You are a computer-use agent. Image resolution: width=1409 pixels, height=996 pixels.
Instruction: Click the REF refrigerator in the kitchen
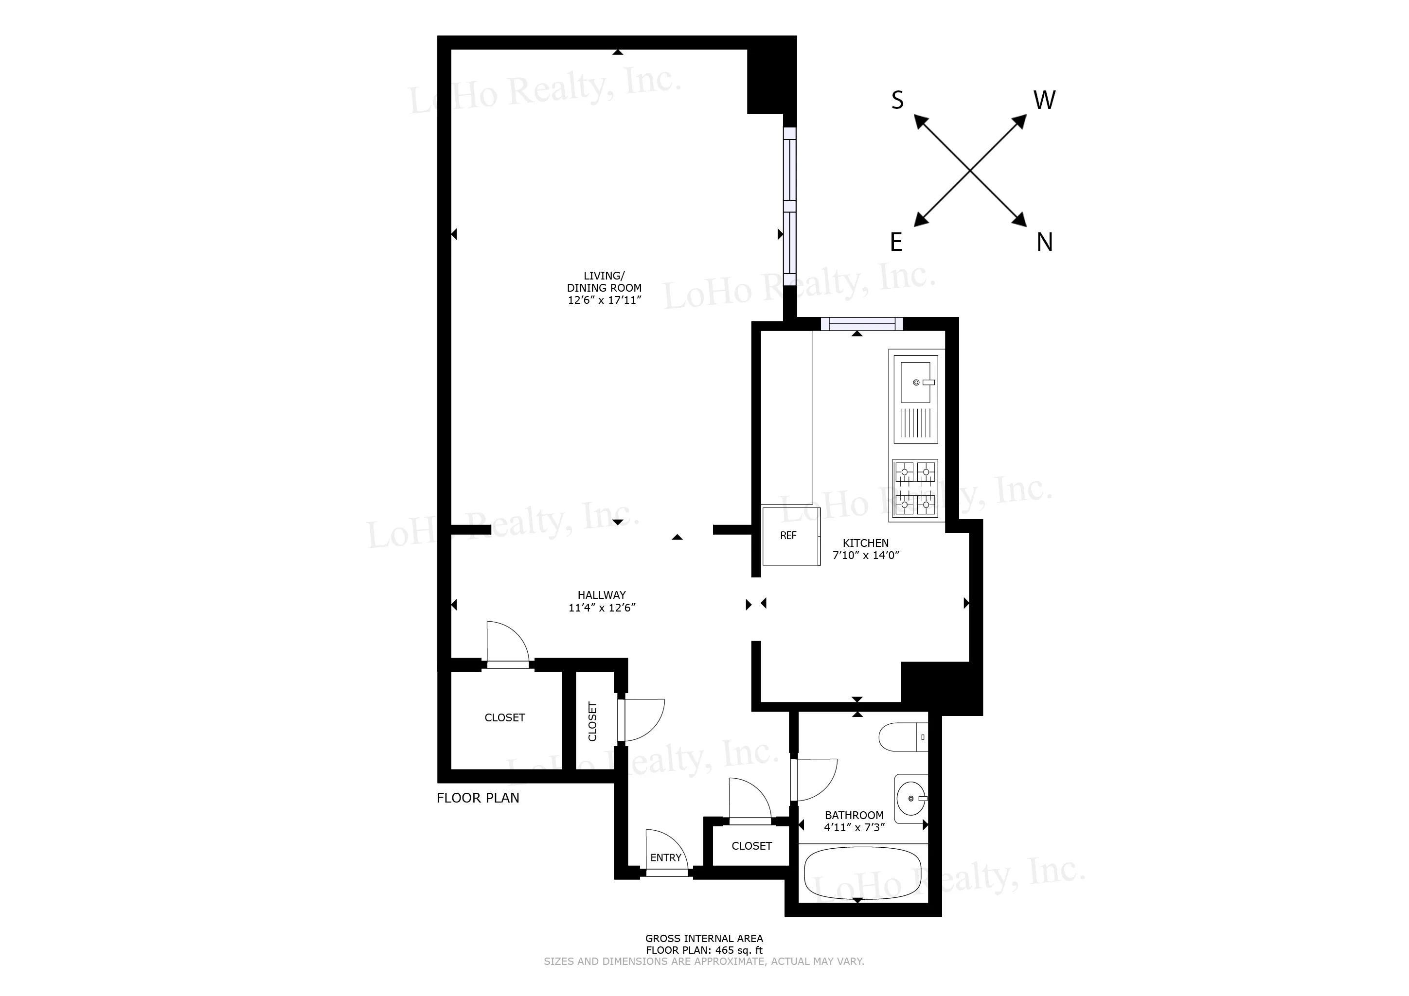coord(790,536)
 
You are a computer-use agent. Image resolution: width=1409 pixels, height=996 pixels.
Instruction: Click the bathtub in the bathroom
coord(862,874)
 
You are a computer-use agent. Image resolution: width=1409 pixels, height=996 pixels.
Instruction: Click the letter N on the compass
coord(1045,243)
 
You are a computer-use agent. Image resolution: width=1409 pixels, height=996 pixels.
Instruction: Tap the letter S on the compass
coord(897,101)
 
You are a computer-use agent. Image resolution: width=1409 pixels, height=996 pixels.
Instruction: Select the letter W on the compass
coord(1045,100)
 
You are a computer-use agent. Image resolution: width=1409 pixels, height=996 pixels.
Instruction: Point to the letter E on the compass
coord(896,243)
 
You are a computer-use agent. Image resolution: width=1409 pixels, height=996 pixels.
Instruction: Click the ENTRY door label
coord(666,857)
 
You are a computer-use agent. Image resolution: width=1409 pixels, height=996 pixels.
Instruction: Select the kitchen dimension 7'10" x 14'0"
coord(865,556)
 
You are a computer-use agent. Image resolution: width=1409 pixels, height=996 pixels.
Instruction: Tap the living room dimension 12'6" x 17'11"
coord(605,300)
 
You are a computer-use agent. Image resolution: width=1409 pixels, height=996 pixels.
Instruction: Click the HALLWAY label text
coord(602,595)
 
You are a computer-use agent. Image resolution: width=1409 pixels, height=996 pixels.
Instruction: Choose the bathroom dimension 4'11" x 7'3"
coord(854,827)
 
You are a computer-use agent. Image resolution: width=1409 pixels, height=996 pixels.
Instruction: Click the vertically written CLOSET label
coord(593,721)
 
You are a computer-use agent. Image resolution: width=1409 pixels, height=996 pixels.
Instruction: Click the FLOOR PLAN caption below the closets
coord(478,798)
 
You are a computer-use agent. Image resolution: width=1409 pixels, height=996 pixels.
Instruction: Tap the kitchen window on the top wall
coord(862,324)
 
